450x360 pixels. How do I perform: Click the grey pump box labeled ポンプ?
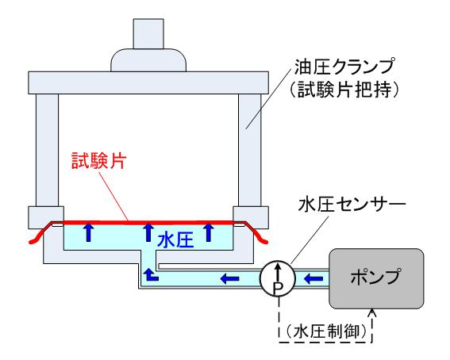376,278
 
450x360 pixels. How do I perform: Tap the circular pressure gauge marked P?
278,278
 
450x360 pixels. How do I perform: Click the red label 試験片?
99,161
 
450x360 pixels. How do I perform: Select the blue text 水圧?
175,240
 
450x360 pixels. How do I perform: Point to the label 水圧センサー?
352,205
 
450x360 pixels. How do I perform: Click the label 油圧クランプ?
344,67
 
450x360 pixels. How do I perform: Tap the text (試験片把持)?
344,90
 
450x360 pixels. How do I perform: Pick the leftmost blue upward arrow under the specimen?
88,232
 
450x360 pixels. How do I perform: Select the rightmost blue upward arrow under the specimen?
209,232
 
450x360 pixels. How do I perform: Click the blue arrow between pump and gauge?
313,278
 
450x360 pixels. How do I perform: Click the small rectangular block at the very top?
148,34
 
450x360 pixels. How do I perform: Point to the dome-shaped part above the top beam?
148,60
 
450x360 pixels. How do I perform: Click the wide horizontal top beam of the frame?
148,82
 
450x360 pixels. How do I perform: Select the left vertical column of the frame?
48,150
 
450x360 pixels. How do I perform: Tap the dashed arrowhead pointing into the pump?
372,312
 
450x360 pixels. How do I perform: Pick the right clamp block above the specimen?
251,217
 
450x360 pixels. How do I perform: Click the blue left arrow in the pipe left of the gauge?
230,278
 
